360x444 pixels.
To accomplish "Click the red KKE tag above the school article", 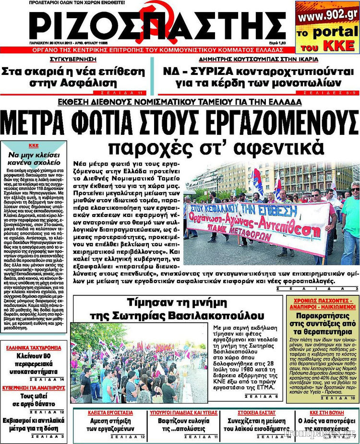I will pyautogui.click(x=34, y=145).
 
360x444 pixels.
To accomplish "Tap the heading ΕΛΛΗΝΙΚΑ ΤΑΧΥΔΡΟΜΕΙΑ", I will pyautogui.click(x=34, y=348).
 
